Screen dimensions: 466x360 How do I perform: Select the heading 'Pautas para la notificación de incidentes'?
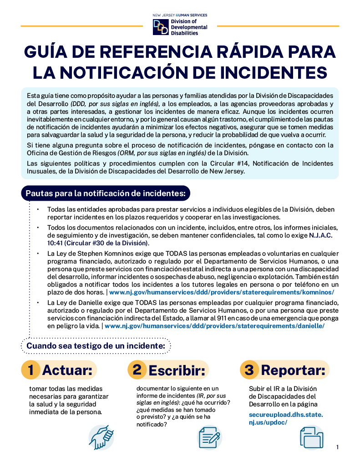click(x=106, y=193)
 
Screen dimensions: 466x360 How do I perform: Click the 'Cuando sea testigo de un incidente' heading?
click(x=96, y=346)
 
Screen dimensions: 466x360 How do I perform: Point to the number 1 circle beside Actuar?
click(x=31, y=370)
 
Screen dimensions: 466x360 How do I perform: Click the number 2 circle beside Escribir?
click(x=137, y=370)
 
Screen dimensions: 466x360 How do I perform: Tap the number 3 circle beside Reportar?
click(x=249, y=370)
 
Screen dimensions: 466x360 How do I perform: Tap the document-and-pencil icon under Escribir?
click(x=210, y=437)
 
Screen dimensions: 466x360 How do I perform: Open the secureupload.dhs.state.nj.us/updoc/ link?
click(x=286, y=418)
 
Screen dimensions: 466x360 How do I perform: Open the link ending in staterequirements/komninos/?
click(x=222, y=292)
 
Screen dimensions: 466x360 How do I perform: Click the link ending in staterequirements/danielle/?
click(x=214, y=326)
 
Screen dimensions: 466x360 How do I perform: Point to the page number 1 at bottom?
click(x=337, y=447)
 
